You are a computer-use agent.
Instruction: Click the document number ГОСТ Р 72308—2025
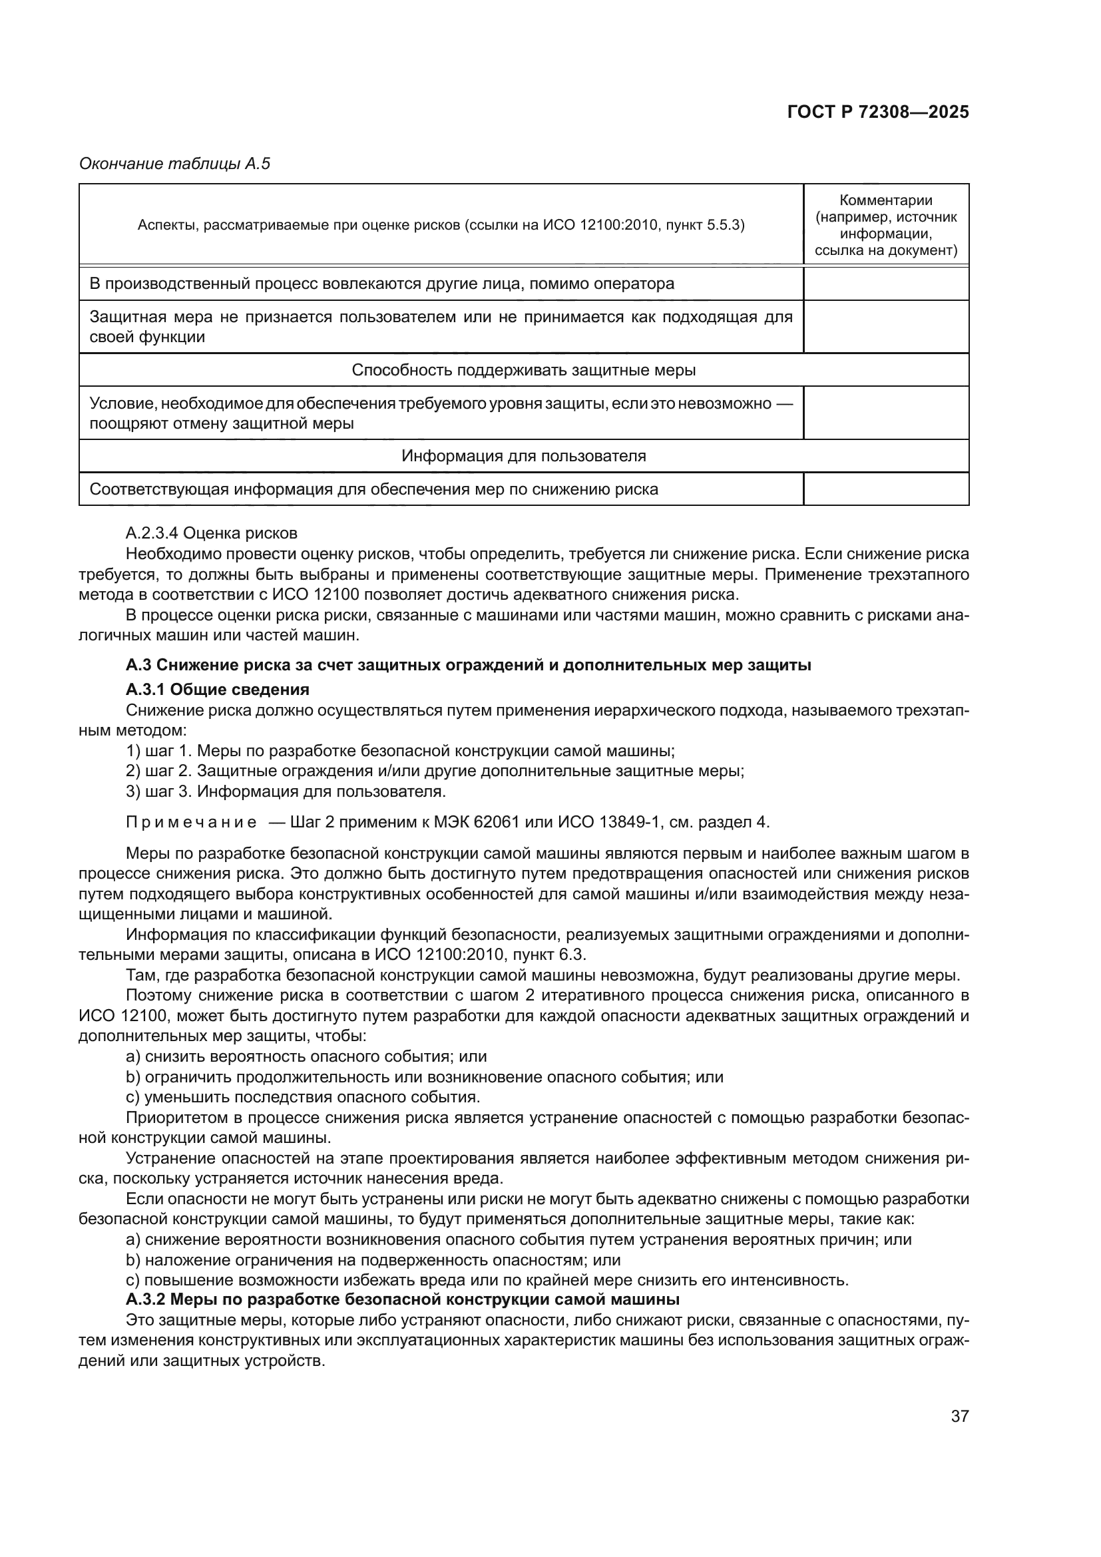(x=878, y=112)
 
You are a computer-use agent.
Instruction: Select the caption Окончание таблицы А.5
(x=175, y=164)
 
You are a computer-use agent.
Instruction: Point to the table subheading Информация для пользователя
(x=523, y=456)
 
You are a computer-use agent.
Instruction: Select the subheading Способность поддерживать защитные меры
(x=523, y=370)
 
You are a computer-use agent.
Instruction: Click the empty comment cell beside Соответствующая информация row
(x=885, y=489)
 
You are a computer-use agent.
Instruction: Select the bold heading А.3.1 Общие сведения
(x=218, y=690)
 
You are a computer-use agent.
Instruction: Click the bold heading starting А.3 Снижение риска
(x=468, y=665)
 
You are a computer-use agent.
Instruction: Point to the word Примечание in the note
(x=191, y=823)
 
